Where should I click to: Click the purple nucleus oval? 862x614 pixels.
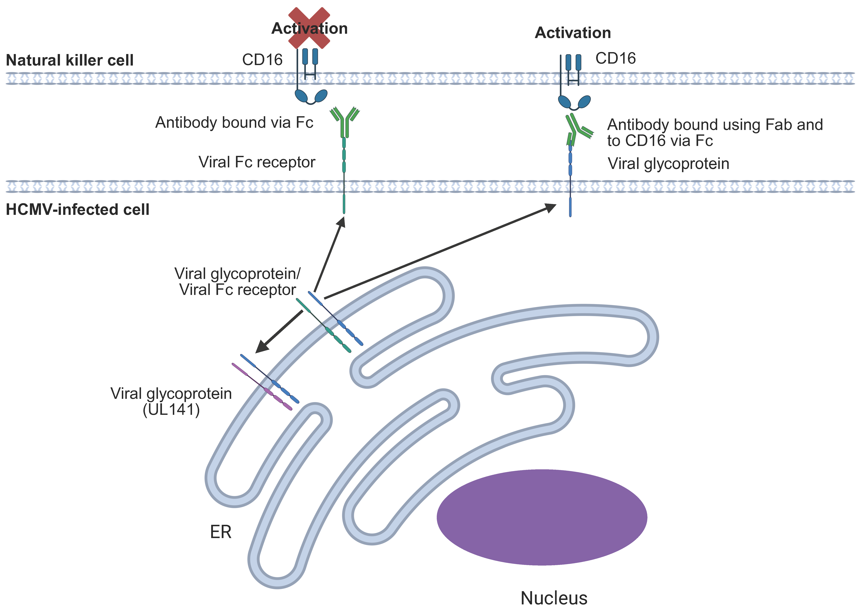coord(542,517)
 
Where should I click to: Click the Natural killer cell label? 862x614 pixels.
coord(70,60)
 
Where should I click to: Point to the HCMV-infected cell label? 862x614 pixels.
coord(78,209)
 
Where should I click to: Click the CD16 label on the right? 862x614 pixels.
coord(615,58)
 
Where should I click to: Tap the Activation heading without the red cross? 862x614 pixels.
coord(573,33)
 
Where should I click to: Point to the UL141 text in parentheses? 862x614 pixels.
coord(171,409)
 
